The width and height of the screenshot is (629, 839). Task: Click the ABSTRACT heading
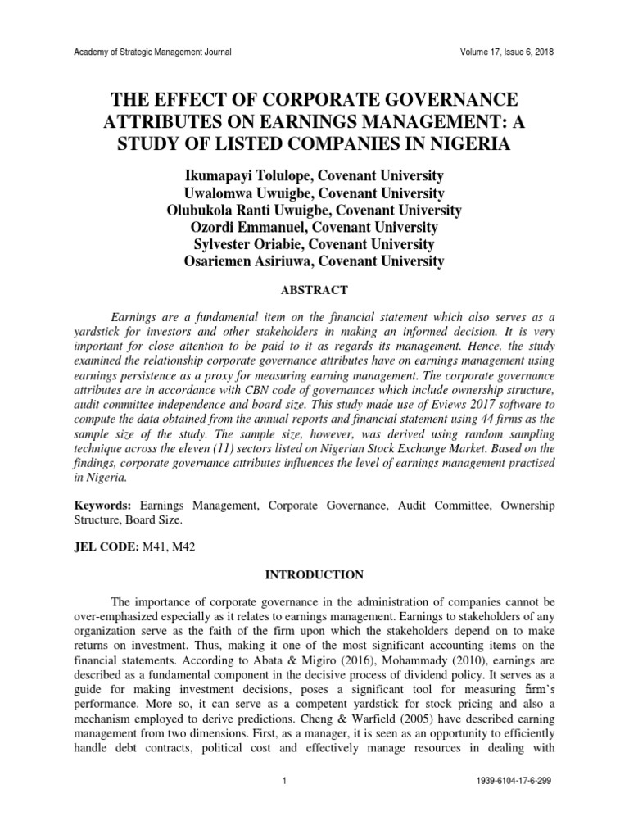point(314,290)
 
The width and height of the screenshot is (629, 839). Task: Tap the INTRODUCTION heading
point(314,575)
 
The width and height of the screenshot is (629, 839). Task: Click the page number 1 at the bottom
point(282,781)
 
